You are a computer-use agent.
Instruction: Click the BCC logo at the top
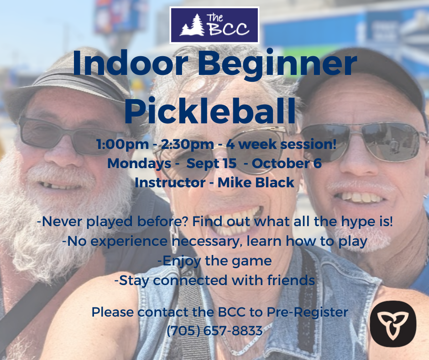(x=214, y=25)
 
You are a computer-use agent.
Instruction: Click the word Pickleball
(x=210, y=110)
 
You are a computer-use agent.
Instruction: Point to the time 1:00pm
(x=123, y=144)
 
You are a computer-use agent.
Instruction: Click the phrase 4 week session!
(x=281, y=144)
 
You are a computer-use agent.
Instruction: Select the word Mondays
(x=139, y=164)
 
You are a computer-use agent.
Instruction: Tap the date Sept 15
(x=211, y=164)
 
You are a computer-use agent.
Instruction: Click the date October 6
(x=287, y=163)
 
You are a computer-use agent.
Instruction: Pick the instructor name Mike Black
(x=256, y=182)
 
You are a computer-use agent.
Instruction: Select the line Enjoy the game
(x=215, y=261)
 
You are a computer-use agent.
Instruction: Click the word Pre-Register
(x=307, y=312)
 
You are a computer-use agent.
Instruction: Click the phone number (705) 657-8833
(x=214, y=331)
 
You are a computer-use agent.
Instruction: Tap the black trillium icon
(x=393, y=323)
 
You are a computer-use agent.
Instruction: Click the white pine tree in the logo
(x=193, y=25)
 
